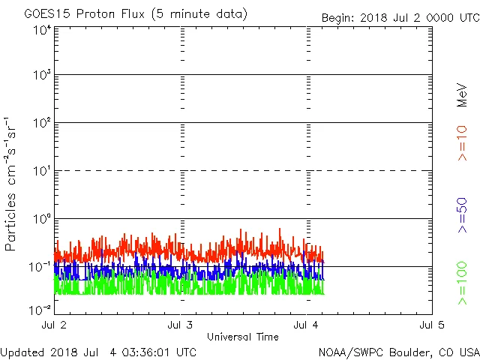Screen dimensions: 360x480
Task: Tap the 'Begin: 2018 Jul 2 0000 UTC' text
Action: [400, 18]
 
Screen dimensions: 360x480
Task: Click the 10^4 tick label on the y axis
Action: [41, 31]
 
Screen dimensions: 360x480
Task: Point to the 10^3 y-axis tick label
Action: [41, 76]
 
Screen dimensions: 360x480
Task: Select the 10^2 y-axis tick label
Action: [41, 123]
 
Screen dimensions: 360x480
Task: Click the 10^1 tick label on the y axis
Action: [41, 171]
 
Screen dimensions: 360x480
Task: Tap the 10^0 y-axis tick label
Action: [41, 219]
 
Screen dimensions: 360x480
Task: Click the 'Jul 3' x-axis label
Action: [181, 325]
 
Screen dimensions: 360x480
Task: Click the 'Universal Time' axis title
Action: [243, 337]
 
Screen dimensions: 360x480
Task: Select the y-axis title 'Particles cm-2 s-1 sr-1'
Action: [13, 183]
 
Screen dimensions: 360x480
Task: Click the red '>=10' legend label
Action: [462, 142]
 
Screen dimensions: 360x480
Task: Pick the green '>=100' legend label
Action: [462, 283]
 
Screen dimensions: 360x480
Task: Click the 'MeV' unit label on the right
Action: [462, 96]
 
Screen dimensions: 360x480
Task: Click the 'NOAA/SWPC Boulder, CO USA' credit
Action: [398, 352]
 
